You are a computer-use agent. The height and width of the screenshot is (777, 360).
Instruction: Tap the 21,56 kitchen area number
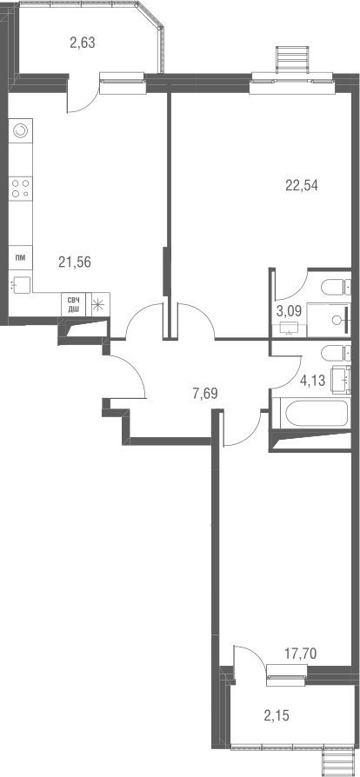tap(75, 260)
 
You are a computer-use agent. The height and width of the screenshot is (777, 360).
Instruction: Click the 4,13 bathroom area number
tap(310, 379)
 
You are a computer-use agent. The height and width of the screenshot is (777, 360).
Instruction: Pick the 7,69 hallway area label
tap(204, 392)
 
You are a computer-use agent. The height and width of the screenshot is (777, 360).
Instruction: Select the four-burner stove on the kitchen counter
tap(21, 189)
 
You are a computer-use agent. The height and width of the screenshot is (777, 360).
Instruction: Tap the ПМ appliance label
tap(20, 258)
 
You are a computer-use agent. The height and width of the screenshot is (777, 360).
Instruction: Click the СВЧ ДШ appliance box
tap(73, 304)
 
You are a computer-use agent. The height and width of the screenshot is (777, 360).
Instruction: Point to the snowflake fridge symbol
tap(98, 304)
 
